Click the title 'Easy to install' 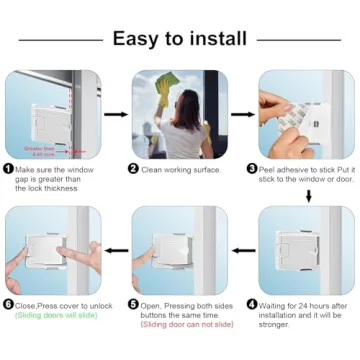(180, 39)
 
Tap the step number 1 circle (9, 170)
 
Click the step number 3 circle (265, 170)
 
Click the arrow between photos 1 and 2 (116, 114)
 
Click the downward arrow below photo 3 (307, 195)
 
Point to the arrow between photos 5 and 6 (116, 250)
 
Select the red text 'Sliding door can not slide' (181, 325)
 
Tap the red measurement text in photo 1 (41, 150)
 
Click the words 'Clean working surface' (183, 170)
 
